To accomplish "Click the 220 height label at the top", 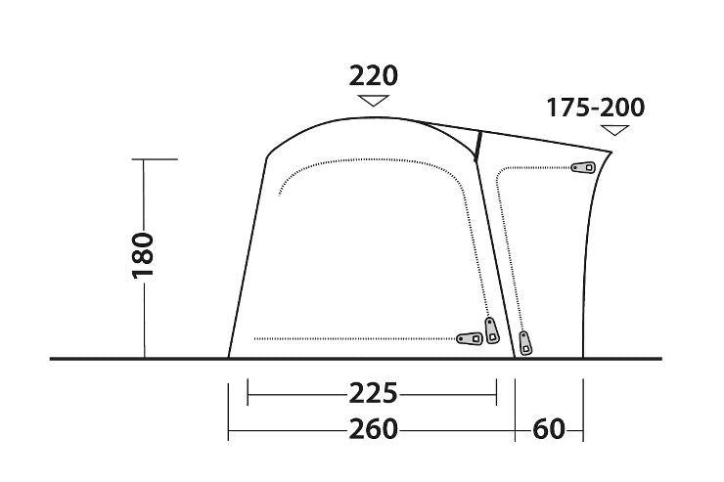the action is click(373, 76).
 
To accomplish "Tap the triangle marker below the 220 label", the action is click(374, 100).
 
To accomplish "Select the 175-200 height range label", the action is click(595, 108).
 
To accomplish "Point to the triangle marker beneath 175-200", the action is click(614, 130).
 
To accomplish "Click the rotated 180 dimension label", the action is click(143, 255).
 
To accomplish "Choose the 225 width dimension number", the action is click(373, 393).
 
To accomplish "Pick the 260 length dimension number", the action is click(373, 429).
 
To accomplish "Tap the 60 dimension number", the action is click(549, 429).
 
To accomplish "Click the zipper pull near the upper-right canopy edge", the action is click(584, 167).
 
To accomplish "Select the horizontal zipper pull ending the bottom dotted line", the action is click(470, 338).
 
